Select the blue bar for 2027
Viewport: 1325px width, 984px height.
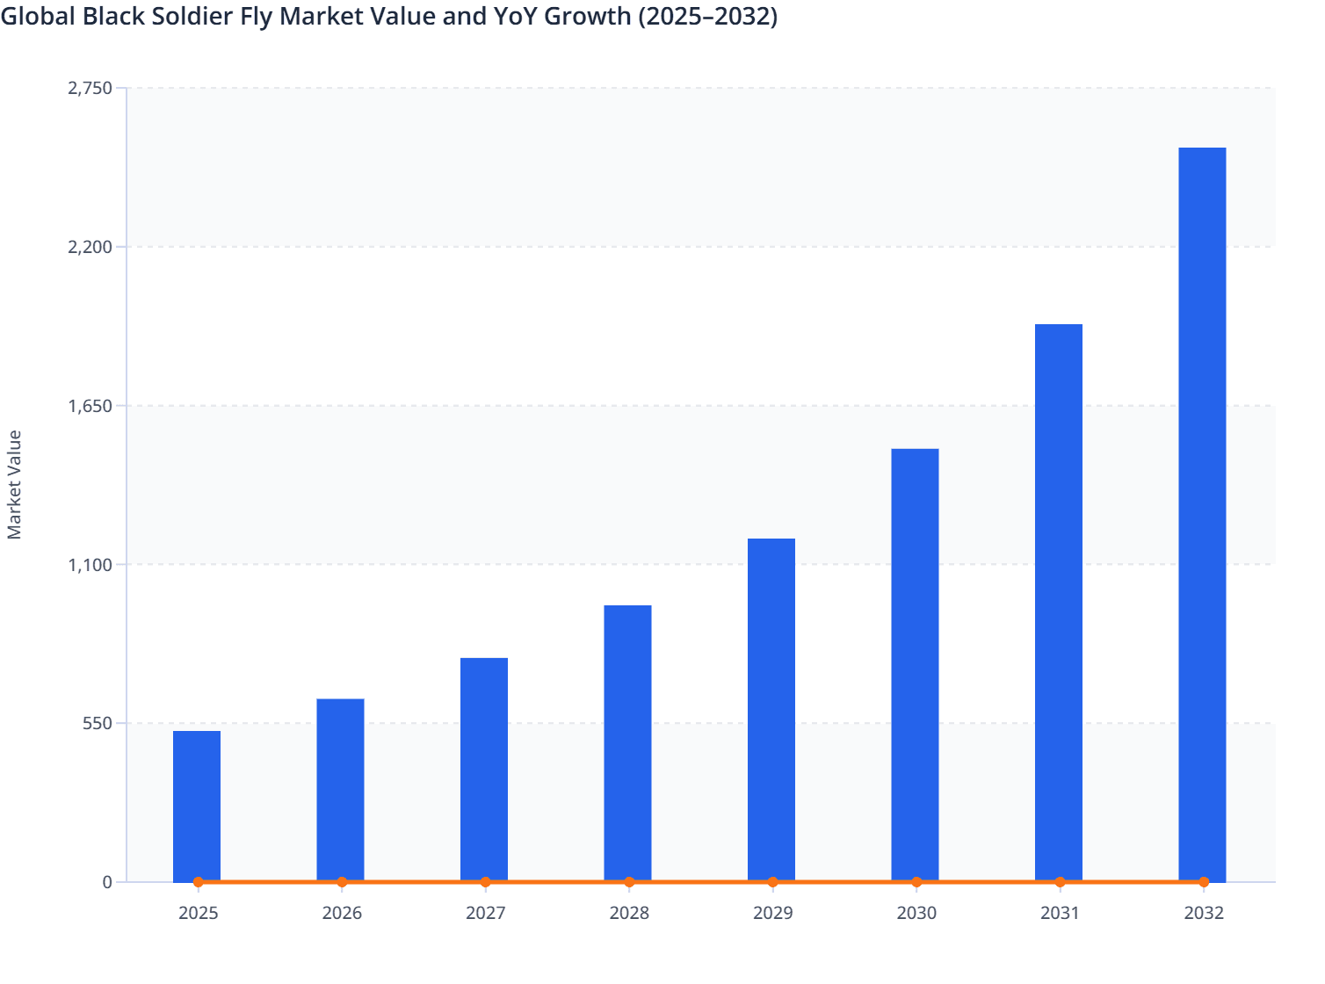(x=484, y=768)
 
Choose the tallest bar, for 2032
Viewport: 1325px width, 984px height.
(x=1202, y=513)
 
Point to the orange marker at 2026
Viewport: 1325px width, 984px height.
(x=342, y=882)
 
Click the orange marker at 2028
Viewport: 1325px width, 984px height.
(x=629, y=882)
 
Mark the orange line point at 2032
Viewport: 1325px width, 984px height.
(x=1204, y=882)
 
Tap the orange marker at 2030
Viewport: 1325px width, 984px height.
(x=916, y=882)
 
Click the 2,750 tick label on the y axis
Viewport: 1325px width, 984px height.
(x=91, y=88)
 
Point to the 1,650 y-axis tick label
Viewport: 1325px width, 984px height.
(x=91, y=406)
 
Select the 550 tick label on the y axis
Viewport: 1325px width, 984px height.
(x=98, y=724)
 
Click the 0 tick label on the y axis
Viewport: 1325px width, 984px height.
(x=107, y=882)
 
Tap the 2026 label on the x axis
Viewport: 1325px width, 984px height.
(x=342, y=913)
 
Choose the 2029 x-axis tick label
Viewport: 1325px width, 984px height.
(x=772, y=913)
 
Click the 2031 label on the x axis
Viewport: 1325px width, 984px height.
(x=1060, y=913)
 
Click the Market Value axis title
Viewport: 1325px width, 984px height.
(x=14, y=484)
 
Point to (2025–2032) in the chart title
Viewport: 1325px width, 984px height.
(x=707, y=16)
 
